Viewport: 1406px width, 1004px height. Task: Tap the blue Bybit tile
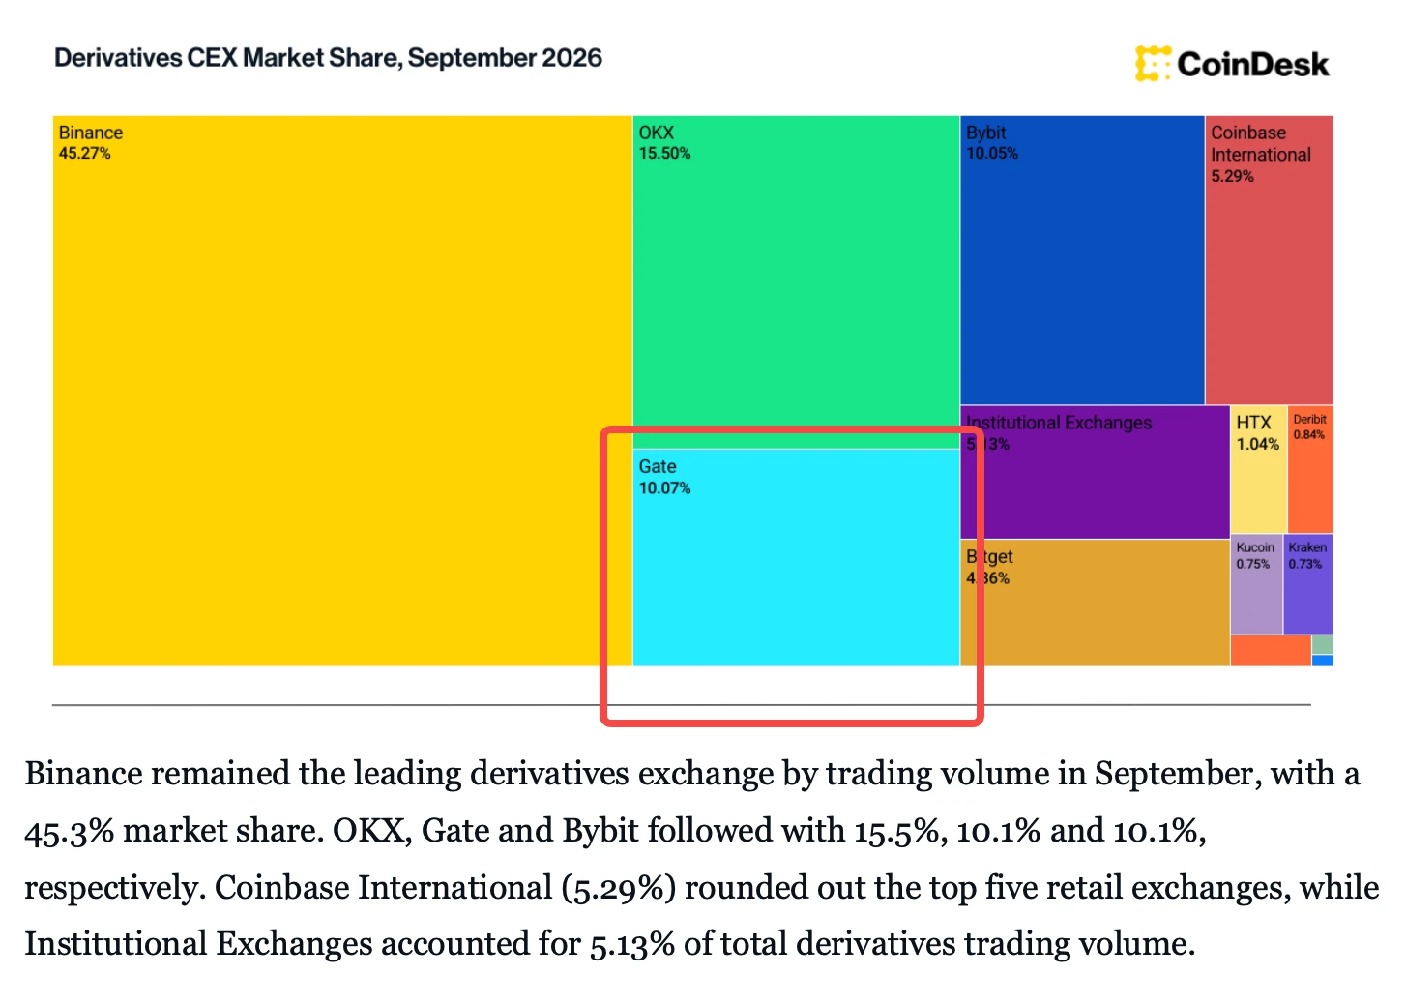coord(1082,260)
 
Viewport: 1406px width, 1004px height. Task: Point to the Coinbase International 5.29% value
coord(1232,176)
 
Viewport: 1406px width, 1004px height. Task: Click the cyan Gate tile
coord(796,557)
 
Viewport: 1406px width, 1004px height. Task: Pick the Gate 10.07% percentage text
coord(664,488)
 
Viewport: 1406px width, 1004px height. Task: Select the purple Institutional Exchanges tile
coord(1095,472)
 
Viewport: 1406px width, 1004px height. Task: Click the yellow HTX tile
coord(1258,470)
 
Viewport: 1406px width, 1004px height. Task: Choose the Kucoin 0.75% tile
coord(1256,584)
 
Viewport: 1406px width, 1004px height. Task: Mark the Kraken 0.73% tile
coord(1308,584)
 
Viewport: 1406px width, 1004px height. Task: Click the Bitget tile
coord(1095,603)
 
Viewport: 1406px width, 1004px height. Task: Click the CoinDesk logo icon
coord(1153,64)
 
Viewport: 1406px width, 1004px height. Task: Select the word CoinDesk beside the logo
coord(1253,64)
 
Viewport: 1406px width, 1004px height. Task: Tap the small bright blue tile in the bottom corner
coord(1323,661)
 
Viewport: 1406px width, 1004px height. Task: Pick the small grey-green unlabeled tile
coord(1323,645)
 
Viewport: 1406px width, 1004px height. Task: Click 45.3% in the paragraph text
coord(69,831)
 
